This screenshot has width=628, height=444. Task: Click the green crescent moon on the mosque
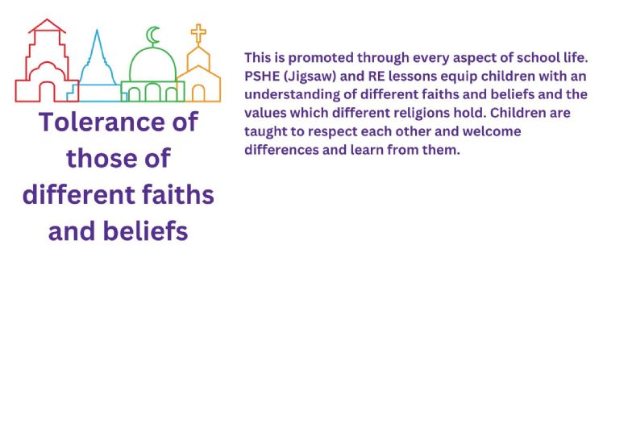tap(150, 36)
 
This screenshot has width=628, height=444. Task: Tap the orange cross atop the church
tap(198, 33)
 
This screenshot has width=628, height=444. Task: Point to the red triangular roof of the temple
tap(47, 26)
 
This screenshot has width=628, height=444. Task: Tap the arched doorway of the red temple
tap(47, 91)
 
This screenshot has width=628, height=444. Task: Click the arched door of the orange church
tap(198, 93)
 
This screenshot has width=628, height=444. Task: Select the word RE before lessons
tap(376, 76)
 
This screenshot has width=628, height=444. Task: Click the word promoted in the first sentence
tap(321, 58)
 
